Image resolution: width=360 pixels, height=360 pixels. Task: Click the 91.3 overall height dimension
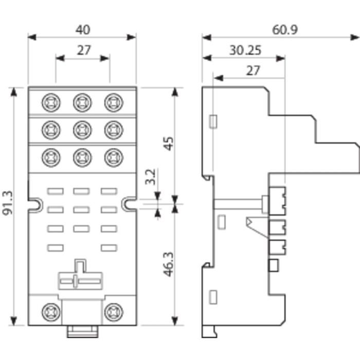[x=7, y=203]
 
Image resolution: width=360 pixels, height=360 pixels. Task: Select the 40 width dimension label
[x=83, y=30]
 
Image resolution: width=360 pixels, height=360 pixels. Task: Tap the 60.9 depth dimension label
[x=285, y=30]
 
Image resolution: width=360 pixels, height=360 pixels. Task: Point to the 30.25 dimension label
[x=245, y=50]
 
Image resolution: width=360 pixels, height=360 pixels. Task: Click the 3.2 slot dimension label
[x=150, y=177]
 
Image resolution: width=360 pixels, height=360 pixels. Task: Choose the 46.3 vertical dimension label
[x=168, y=264]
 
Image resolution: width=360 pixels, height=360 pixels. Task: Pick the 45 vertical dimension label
[x=169, y=143]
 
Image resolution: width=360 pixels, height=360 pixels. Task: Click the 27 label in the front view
[x=84, y=50]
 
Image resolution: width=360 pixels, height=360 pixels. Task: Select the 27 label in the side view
[x=253, y=70]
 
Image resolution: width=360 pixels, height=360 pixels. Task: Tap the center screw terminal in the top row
[x=82, y=103]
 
